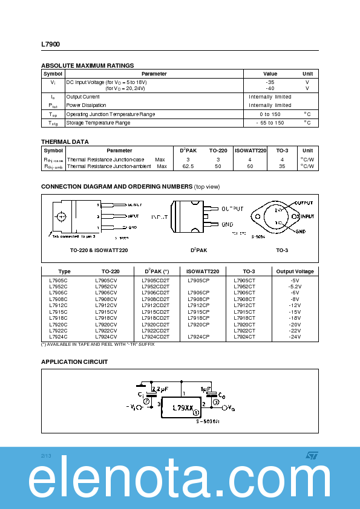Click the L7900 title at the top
pos(50,44)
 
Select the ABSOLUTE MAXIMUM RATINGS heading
pos(87,65)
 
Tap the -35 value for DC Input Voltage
pos(270,82)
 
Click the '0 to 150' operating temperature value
pos(270,114)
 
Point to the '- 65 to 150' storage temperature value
pos(270,123)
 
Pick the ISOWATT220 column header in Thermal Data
pos(250,151)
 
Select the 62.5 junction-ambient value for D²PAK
pos(188,166)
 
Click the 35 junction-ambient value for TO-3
pos(282,166)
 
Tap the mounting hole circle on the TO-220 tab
pos(61,217)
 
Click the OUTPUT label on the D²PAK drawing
pos(232,209)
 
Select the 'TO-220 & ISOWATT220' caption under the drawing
pos(99,250)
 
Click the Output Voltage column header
pos(295,271)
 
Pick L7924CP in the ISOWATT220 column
pos(198,337)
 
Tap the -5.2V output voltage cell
pos(295,287)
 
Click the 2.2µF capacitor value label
pos(160,389)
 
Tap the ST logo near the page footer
pos(311,455)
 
